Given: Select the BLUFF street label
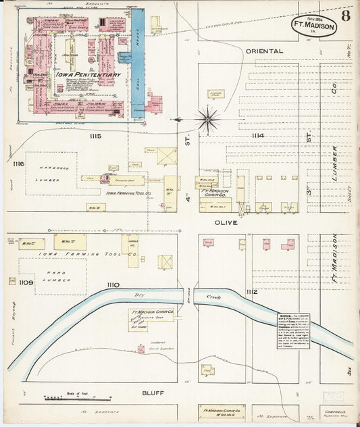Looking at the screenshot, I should [x=153, y=392].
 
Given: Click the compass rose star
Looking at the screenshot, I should [x=208, y=119].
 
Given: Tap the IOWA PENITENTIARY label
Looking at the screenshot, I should [x=71, y=75].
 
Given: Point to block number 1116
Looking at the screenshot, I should [x=18, y=164].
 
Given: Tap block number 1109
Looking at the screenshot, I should [x=26, y=282].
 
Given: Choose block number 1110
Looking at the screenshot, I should [x=112, y=285].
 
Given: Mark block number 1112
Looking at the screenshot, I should [x=251, y=291].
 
